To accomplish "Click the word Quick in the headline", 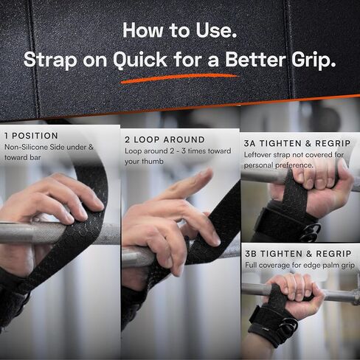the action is (140, 60).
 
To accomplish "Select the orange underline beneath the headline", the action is (179, 78).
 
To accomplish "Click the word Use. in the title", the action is (216, 30).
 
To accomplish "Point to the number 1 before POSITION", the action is (6, 136).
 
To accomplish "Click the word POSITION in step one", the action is (35, 136).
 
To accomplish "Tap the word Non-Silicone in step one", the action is (27, 147).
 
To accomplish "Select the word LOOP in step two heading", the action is (146, 139).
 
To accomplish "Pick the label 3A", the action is (249, 143).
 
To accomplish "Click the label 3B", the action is (251, 254).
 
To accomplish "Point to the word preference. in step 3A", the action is (294, 165).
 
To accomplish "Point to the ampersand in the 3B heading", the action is (309, 254).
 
